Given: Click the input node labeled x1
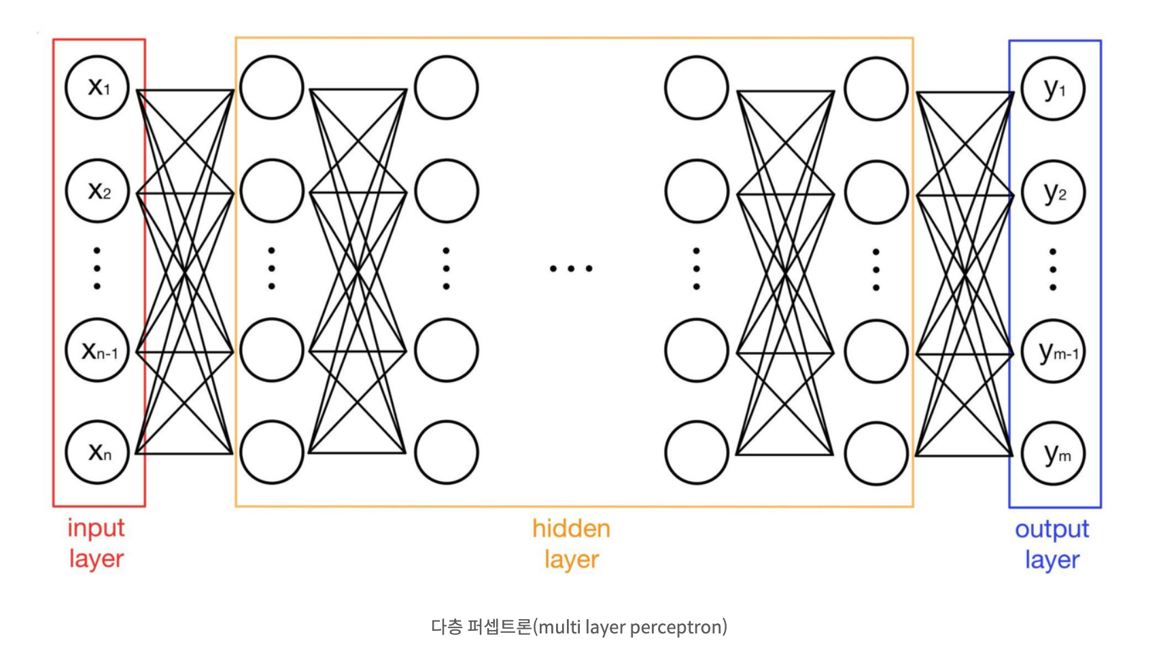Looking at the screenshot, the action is tap(97, 88).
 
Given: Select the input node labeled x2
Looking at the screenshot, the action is tap(97, 191).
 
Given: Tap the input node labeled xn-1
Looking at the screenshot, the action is tap(97, 351).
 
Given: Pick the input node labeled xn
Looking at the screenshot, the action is tap(97, 452).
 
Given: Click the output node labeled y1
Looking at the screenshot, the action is tap(1053, 88).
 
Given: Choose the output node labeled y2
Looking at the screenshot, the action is tap(1053, 192).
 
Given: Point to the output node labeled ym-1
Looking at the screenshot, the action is tap(1053, 352).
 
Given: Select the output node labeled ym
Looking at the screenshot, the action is tap(1053, 453).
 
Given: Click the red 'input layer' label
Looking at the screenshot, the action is tap(96, 543).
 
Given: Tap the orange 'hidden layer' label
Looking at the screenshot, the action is tap(571, 544).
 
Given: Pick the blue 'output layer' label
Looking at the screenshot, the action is tap(1052, 544).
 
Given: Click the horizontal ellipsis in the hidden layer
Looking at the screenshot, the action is tap(571, 269).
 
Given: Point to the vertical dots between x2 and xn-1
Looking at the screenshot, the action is tap(97, 268).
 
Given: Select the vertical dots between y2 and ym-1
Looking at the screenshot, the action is tap(1053, 270).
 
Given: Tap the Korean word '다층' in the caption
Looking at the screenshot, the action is tap(447, 627).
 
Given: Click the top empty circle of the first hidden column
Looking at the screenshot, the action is tap(272, 88).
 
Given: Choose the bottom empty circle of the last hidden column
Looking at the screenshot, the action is tap(876, 453).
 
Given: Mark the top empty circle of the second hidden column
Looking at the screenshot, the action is tap(447, 88).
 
